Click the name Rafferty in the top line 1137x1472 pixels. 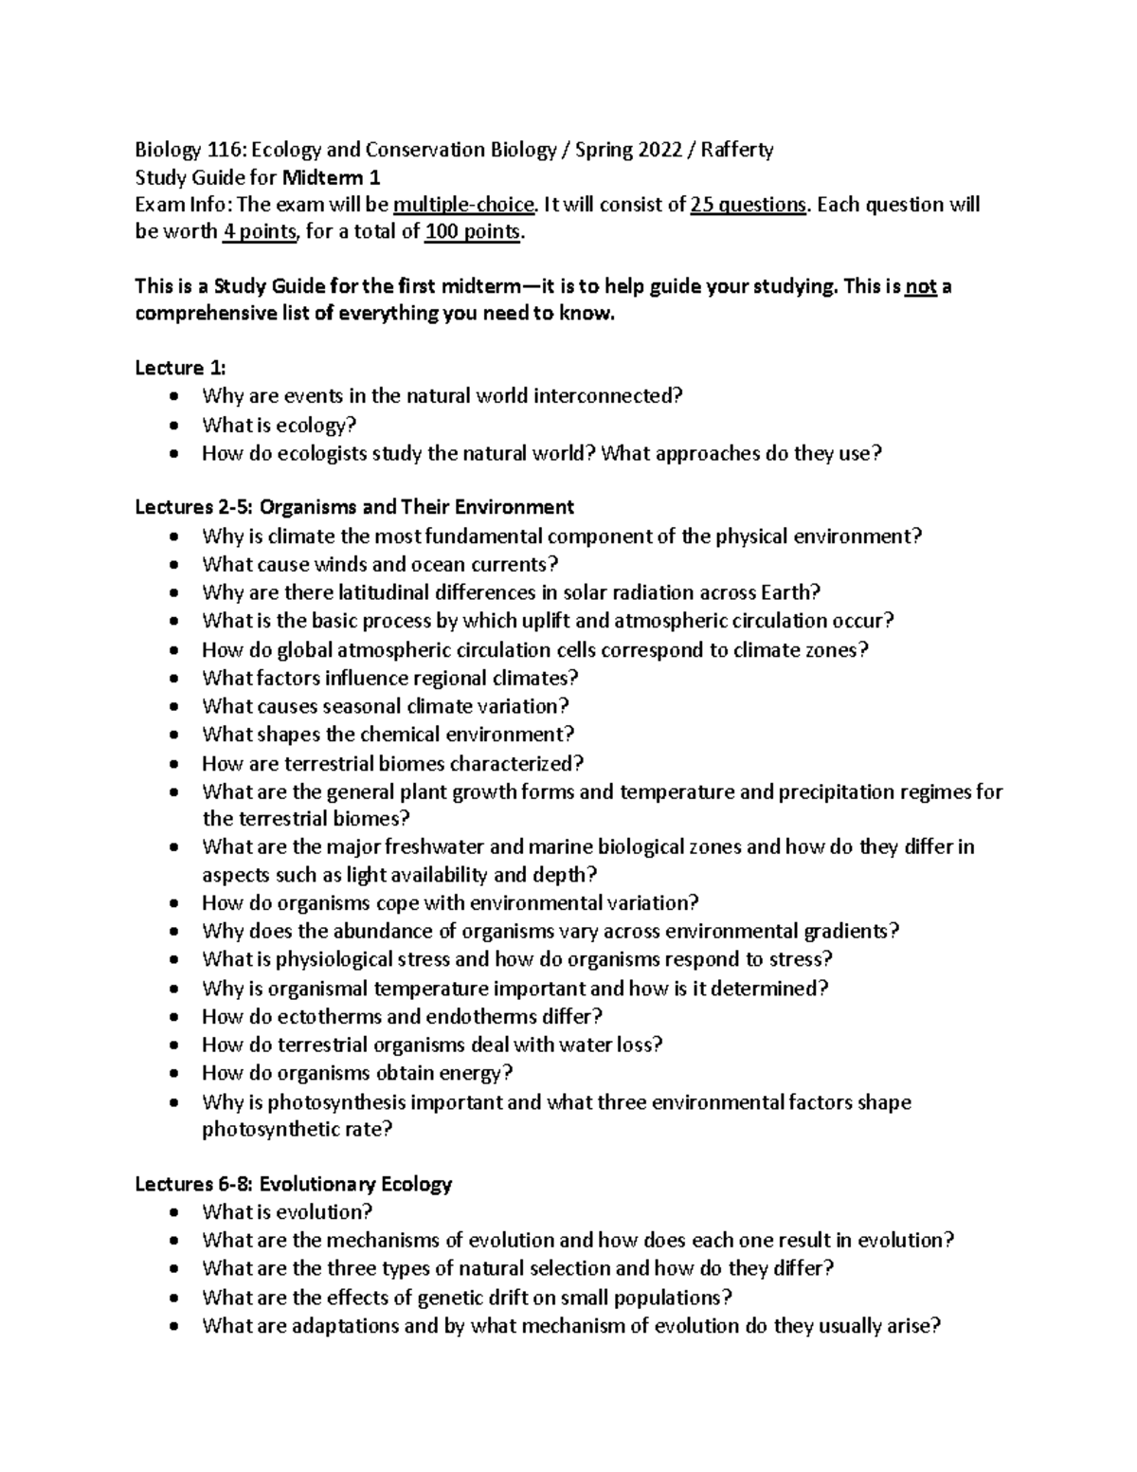click(x=737, y=150)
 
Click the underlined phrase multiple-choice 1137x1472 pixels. click(x=464, y=205)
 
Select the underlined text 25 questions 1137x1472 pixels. click(x=749, y=205)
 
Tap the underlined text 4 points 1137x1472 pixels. click(x=259, y=232)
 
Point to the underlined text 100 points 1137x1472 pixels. click(x=472, y=232)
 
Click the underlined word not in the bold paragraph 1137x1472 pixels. click(x=920, y=286)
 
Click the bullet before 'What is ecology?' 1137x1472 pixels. click(x=171, y=426)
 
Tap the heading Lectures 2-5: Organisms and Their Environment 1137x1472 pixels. click(x=354, y=507)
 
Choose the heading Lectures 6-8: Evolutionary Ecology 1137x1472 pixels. click(x=294, y=1184)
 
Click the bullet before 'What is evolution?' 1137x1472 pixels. click(x=171, y=1212)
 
